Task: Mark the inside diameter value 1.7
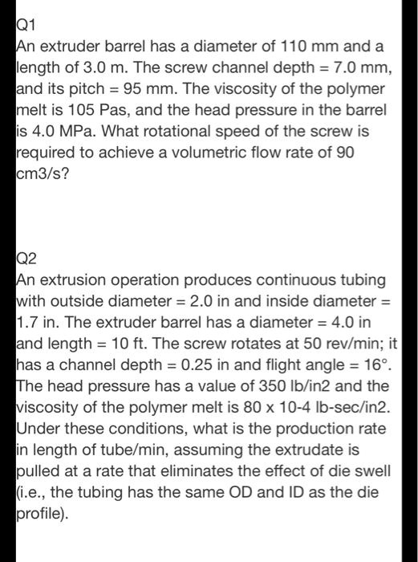click(x=30, y=320)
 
